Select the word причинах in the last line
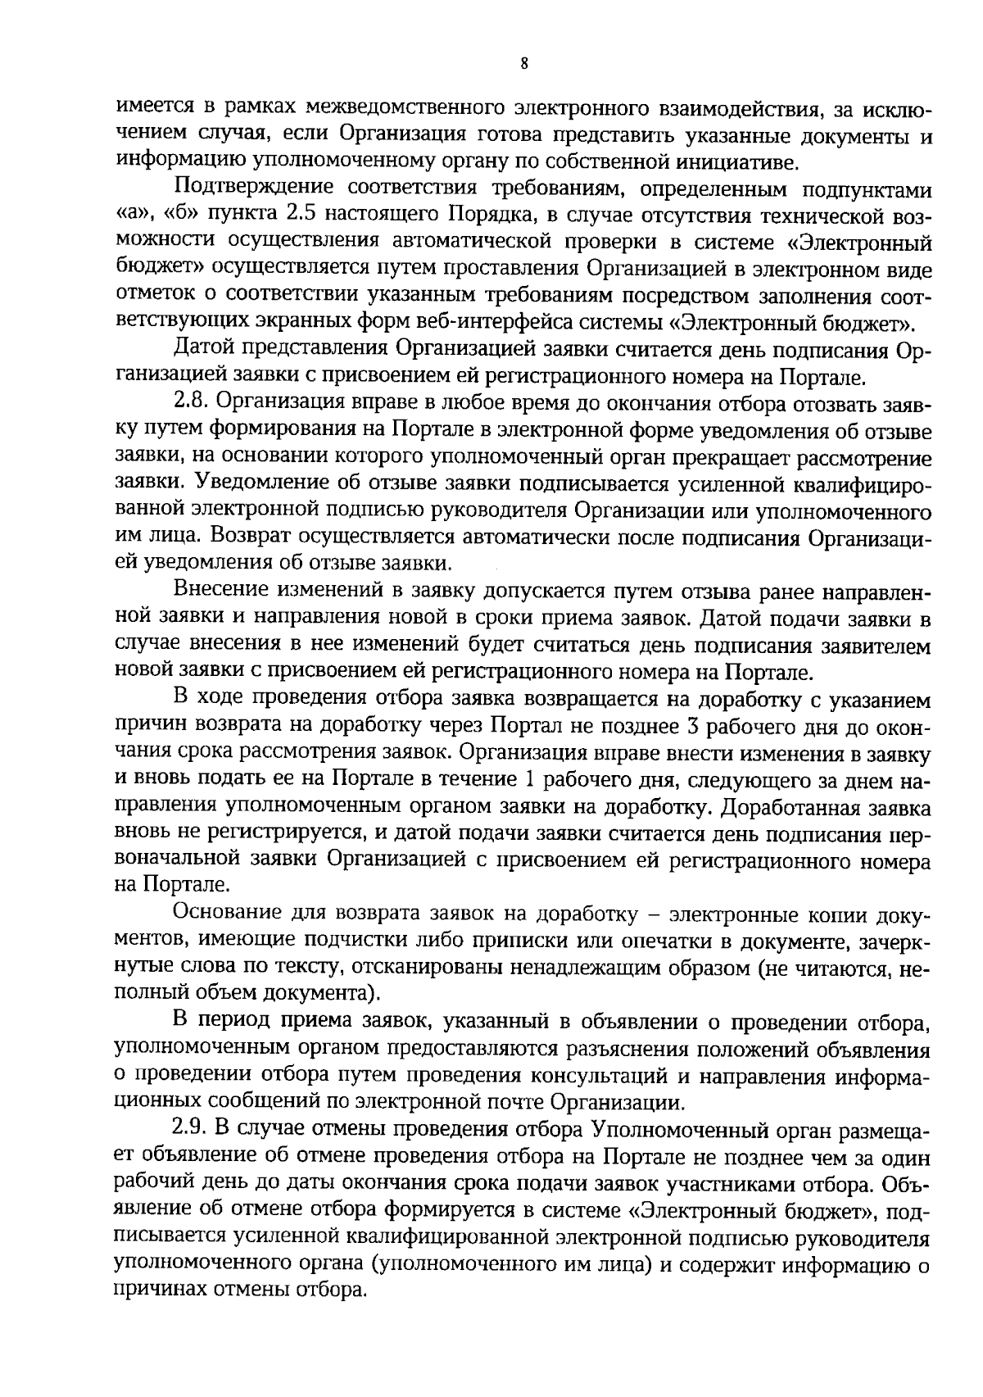pos(165,1289)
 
